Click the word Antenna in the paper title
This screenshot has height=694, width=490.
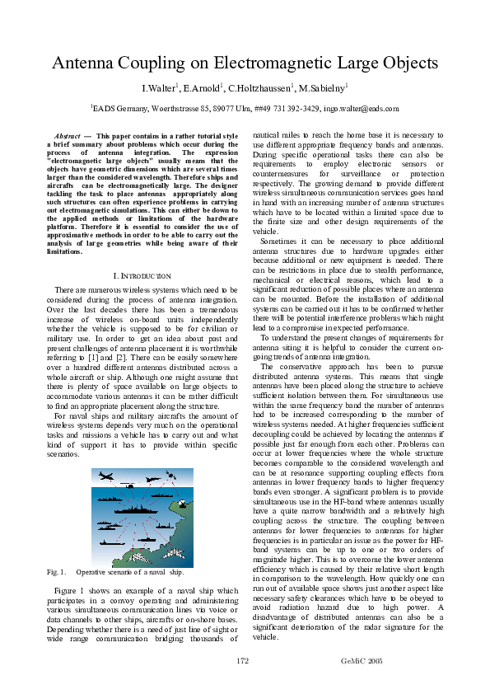point(86,63)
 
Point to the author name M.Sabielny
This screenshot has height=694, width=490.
point(323,88)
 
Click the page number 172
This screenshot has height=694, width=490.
point(243,660)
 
